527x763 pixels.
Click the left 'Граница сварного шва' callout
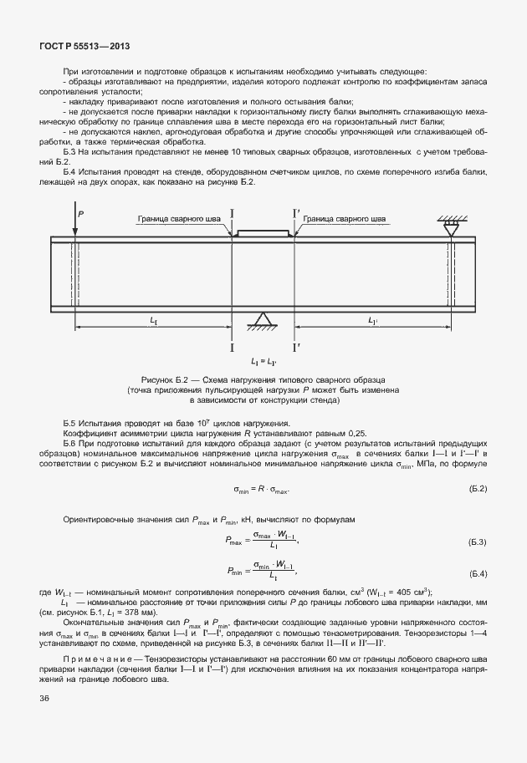pyautogui.click(x=180, y=219)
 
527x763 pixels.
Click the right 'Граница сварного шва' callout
pyautogui.click(x=345, y=219)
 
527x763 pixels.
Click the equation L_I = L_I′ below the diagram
pyautogui.click(x=263, y=361)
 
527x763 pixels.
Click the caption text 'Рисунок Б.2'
pyautogui.click(x=167, y=380)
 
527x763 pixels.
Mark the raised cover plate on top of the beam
pyautogui.click(x=263, y=233)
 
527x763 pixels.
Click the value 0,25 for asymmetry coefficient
pyautogui.click(x=357, y=434)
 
